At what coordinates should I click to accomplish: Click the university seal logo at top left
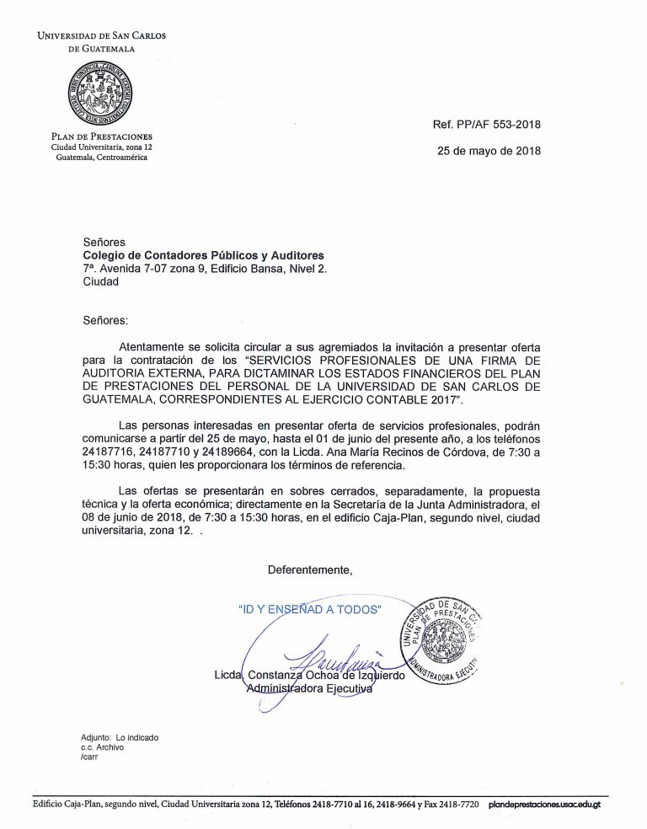[102, 92]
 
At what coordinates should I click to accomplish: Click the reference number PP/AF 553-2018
[486, 125]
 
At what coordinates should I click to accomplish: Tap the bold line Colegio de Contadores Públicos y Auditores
[203, 255]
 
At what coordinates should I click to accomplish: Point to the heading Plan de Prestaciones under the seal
[102, 136]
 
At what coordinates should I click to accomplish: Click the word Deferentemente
[310, 570]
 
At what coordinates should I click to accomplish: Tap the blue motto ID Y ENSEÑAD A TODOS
[310, 608]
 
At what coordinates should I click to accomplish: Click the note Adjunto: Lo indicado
[120, 737]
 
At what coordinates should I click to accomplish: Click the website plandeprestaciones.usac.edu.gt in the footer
[544, 805]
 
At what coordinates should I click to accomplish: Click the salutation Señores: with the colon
[106, 320]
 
